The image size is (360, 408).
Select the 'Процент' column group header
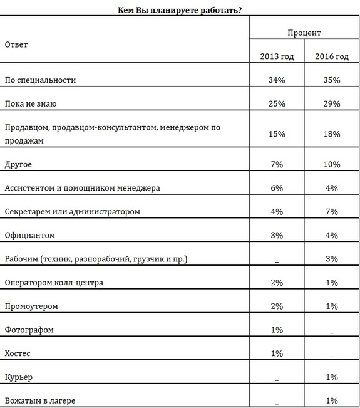coord(304,32)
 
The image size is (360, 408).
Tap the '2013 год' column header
coord(277,57)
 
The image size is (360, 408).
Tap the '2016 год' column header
coord(331,57)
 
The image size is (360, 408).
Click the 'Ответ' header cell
coord(16,44)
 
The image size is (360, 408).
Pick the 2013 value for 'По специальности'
coord(277,80)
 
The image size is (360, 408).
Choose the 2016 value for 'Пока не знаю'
coord(331,103)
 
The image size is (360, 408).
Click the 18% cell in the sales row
coord(331,134)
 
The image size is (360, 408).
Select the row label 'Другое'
coord(18,164)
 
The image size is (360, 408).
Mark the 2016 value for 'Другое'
coord(331,164)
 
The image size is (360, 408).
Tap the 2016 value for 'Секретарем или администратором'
coord(331,212)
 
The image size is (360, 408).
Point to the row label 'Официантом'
coord(30,236)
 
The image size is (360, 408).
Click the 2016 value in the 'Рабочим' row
coord(331,259)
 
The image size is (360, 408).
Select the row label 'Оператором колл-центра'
coord(54,283)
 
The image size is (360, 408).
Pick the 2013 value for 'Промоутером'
coord(277,306)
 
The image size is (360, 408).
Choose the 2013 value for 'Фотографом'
coord(277,330)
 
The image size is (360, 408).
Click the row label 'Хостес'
coord(18,353)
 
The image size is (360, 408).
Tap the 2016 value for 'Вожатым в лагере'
coord(331,400)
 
